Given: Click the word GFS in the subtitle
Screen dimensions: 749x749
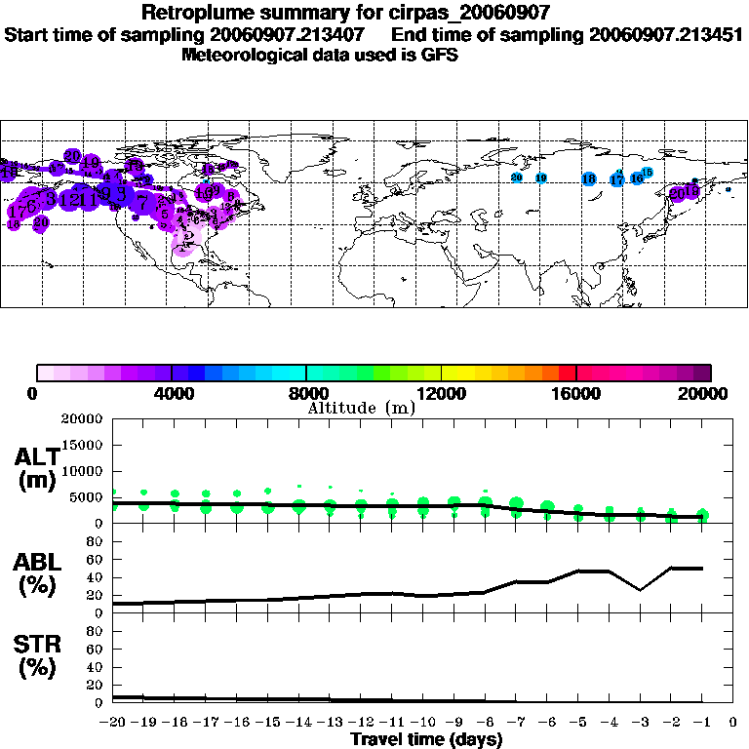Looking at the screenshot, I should [439, 55].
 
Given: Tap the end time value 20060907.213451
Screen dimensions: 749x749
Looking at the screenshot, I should [666, 34].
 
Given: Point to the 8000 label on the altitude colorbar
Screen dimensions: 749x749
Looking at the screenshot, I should [306, 394].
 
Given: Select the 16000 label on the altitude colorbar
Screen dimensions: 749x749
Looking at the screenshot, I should [576, 394].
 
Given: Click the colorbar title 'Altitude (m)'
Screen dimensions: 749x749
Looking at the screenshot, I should [361, 408].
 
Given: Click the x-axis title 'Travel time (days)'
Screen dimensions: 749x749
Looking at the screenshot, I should [426, 740].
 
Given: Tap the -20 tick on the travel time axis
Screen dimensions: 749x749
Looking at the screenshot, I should [113, 723].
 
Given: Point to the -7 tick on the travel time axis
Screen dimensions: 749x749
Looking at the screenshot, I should [516, 723].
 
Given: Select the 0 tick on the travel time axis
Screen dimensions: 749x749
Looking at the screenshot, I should [733, 723].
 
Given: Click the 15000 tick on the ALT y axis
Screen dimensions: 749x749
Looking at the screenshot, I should [83, 445].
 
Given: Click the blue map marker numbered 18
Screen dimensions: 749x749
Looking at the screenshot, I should [588, 178].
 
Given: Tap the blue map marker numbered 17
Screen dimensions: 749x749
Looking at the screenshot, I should [616, 180].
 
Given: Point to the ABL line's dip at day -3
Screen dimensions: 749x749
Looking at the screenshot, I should [640, 590].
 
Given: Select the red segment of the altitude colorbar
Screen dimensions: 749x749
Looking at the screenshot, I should [567, 373].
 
